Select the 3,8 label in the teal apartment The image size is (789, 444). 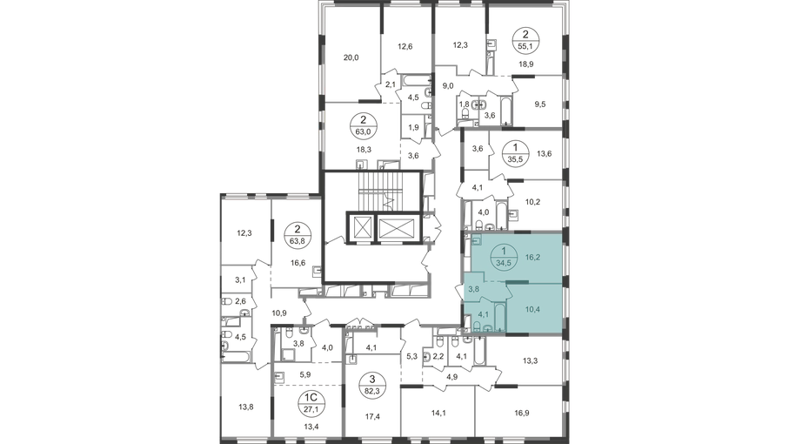[473, 280]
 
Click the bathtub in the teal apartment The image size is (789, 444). [502, 315]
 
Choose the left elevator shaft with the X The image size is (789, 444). [361, 226]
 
